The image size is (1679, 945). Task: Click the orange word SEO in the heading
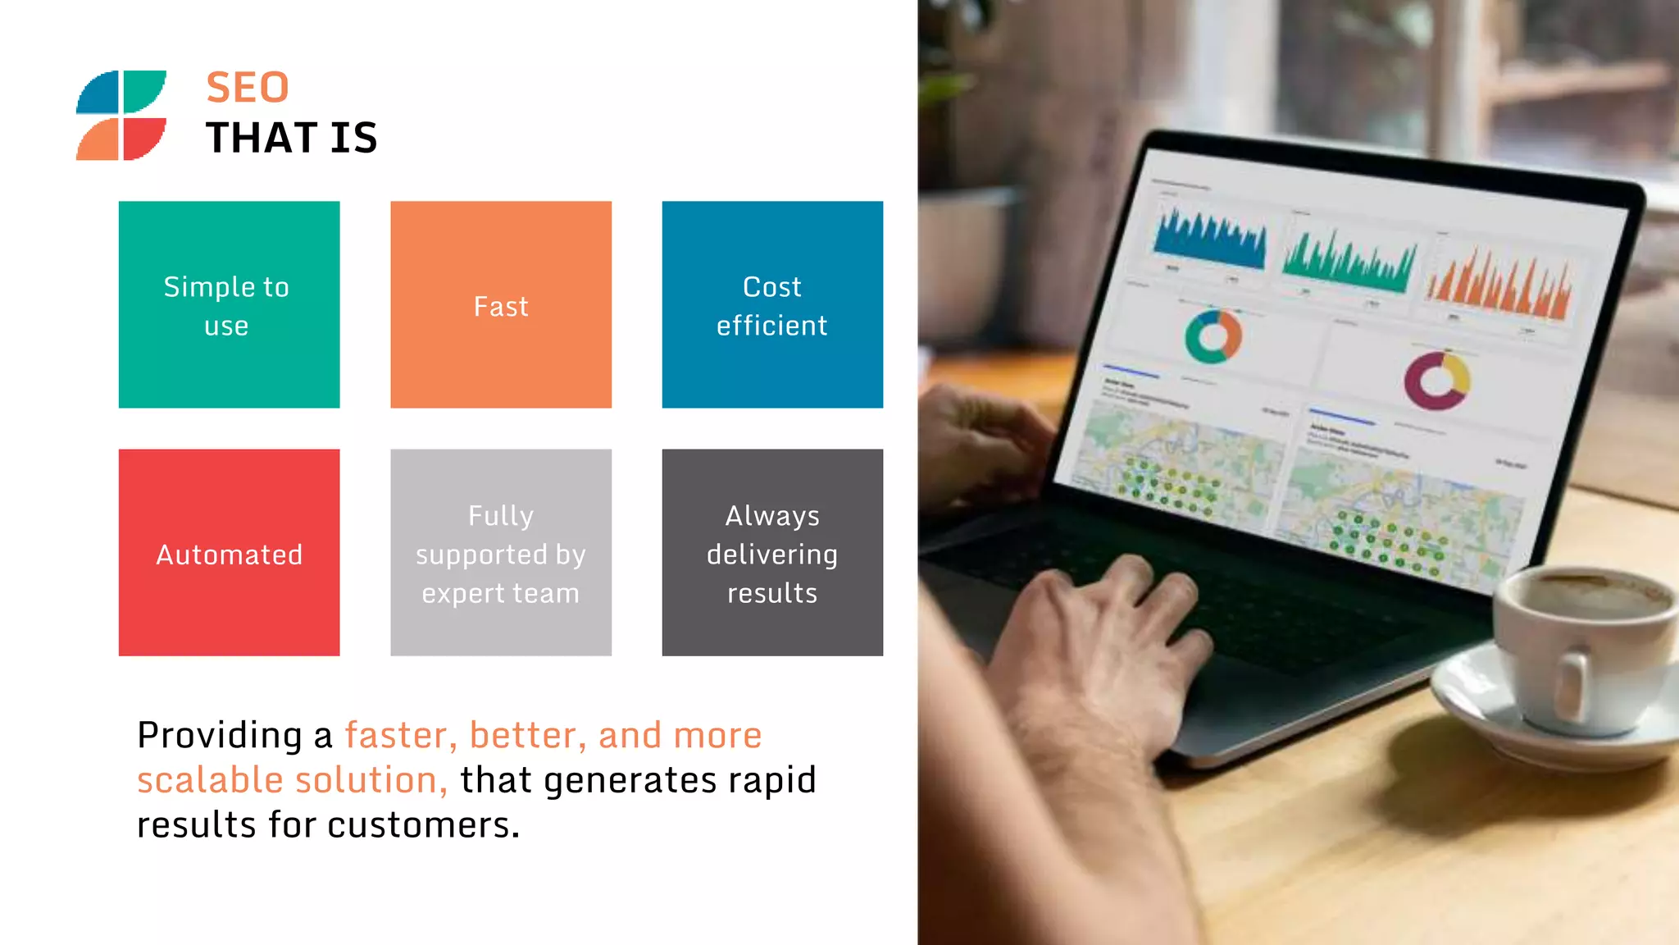[247, 88]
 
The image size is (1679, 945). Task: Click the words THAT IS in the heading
[291, 138]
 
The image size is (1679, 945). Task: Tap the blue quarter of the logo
[98, 92]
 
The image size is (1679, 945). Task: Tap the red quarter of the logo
[143, 138]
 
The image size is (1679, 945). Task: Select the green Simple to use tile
[229, 304]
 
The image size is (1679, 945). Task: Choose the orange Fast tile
[501, 304]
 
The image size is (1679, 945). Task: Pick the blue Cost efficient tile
[772, 304]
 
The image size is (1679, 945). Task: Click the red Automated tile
[229, 552]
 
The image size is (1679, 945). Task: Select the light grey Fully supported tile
[501, 552]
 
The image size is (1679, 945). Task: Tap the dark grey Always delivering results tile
[772, 552]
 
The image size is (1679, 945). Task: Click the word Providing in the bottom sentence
[219, 735]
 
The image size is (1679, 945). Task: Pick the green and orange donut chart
[1213, 336]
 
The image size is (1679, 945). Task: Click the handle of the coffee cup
[1570, 685]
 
